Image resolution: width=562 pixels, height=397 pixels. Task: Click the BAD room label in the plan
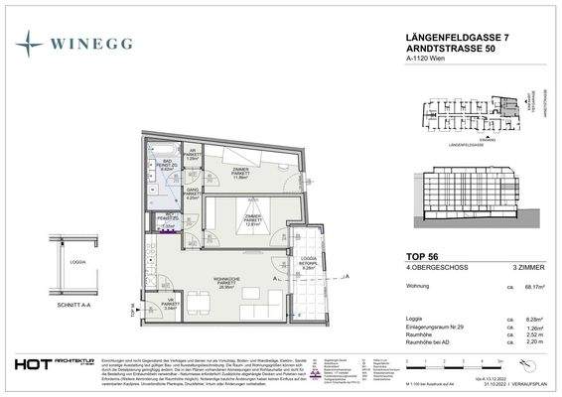coord(168,164)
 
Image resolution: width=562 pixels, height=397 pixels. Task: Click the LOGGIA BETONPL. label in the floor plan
coord(308,258)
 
